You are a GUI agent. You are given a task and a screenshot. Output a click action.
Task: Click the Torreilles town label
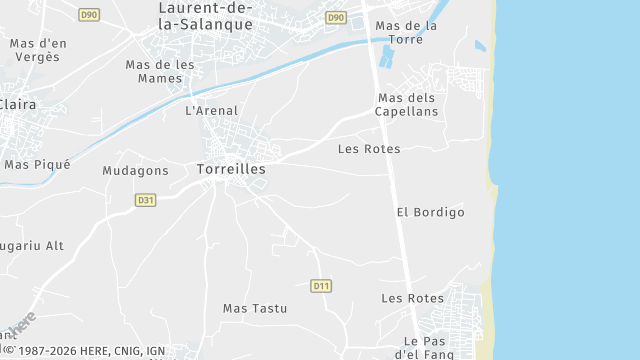231,169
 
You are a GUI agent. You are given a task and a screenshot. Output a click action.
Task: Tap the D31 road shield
145,200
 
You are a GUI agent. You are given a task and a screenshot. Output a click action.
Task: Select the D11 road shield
321,286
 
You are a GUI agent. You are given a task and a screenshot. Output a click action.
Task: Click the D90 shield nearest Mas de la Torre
336,18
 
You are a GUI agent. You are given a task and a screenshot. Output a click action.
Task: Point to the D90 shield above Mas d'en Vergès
89,15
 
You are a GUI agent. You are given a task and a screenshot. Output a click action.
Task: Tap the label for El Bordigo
431,212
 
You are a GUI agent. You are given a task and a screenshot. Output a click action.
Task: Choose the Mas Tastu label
254,309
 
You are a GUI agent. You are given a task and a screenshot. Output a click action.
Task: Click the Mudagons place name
135,171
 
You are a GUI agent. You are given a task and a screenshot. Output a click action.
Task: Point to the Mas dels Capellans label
407,104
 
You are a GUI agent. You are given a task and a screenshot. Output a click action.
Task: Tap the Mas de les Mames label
160,71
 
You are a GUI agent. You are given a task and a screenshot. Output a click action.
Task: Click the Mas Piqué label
37,164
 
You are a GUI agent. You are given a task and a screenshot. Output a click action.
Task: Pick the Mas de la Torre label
406,32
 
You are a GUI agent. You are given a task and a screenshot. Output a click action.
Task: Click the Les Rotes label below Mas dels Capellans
369,149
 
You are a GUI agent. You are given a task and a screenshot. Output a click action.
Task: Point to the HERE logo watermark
19,326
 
